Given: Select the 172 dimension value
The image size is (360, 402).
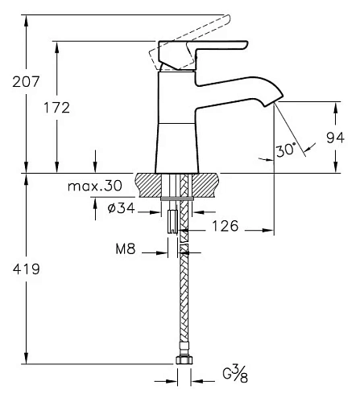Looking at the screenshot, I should click(x=71, y=106).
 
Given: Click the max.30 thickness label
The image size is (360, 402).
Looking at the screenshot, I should click(x=94, y=186).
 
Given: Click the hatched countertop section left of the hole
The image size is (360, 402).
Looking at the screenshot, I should click(x=151, y=185).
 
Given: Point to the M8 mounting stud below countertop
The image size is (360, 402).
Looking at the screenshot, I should click(x=172, y=220).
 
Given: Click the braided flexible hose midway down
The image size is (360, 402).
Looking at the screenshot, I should click(x=183, y=306).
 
